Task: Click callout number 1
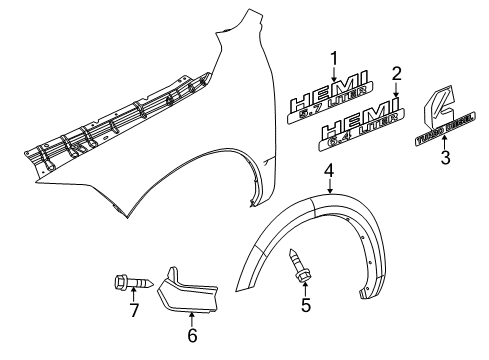tap(334, 57)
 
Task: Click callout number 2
tap(396, 73)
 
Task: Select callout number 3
tap(446, 156)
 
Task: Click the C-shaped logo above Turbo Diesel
tap(436, 105)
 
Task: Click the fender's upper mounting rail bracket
tap(120, 121)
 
